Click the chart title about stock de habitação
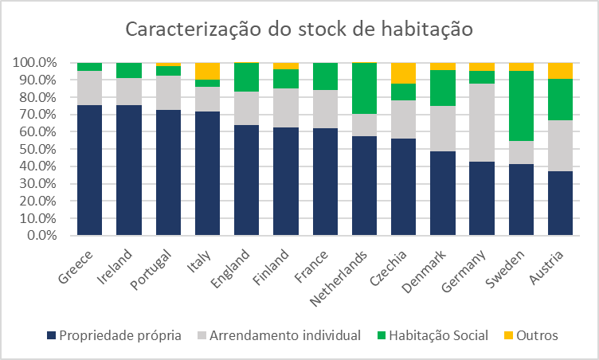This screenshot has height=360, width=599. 299,30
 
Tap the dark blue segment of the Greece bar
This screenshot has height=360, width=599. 89,170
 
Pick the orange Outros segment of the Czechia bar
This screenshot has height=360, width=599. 403,72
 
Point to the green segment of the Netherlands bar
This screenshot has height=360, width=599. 364,88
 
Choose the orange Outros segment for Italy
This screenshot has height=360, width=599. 207,71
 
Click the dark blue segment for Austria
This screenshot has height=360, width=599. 559,203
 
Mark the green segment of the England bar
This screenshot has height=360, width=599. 246,77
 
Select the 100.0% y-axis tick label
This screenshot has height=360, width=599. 34,63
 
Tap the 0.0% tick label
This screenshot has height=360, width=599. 40,236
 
